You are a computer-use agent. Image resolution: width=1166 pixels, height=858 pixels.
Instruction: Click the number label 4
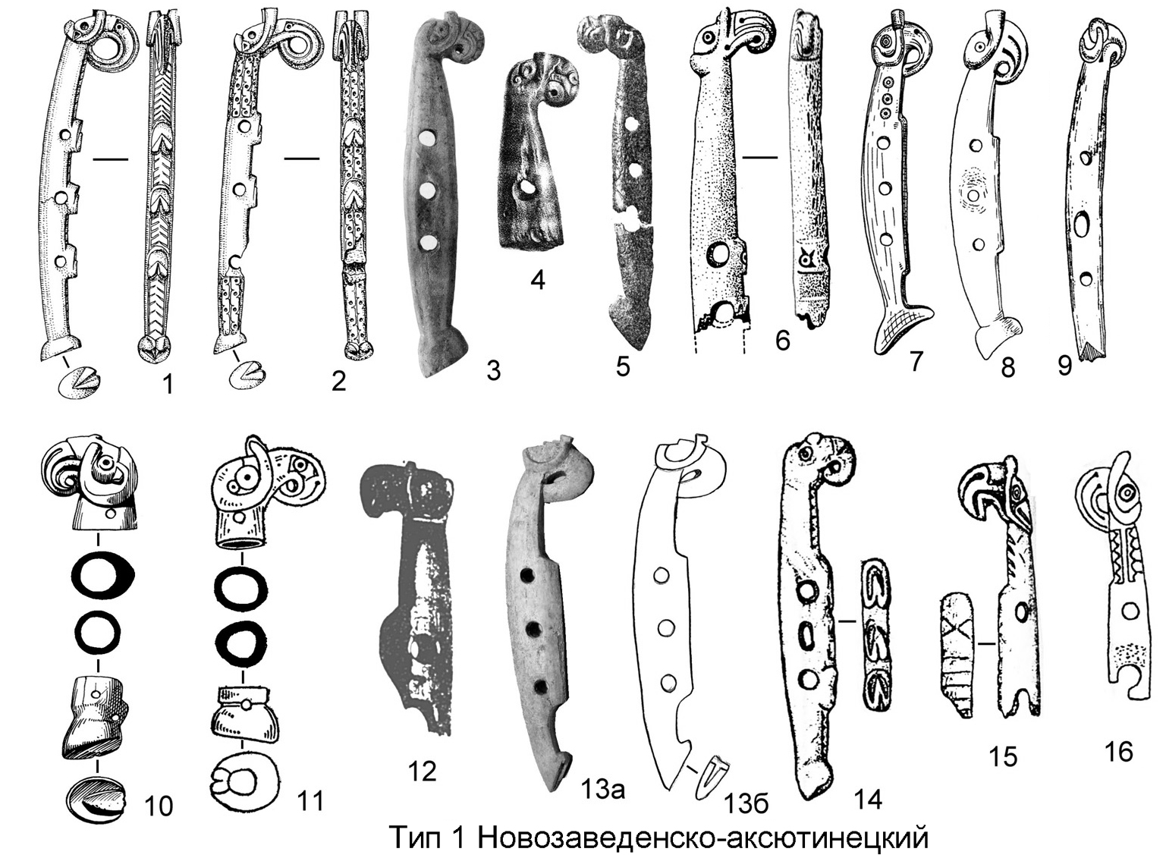[537, 280]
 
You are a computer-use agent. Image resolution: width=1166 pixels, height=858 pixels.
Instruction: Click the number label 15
[1003, 756]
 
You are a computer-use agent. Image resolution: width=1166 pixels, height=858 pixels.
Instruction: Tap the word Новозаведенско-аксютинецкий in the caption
[703, 838]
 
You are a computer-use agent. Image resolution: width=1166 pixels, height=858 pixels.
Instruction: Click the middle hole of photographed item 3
[430, 190]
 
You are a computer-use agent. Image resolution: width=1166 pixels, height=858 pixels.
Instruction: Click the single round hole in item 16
[1130, 610]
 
